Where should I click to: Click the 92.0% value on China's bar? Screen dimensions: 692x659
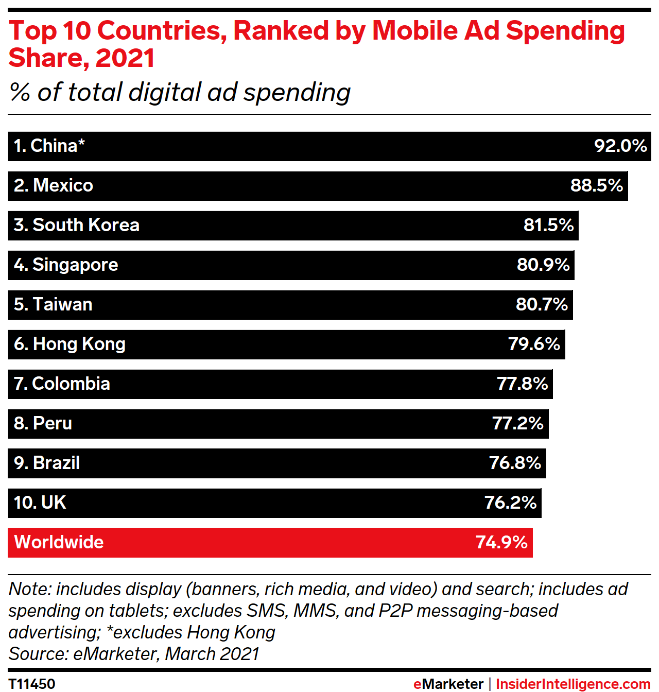pos(620,146)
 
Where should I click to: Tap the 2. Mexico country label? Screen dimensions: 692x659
pos(54,185)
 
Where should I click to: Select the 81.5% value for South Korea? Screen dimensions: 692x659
pos(548,225)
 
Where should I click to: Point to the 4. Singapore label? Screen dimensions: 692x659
pos(66,265)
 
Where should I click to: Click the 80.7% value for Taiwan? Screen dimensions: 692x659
pos(542,304)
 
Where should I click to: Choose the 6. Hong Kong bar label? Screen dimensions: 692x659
pos(70,344)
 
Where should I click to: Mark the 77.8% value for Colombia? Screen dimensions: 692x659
pos(522,384)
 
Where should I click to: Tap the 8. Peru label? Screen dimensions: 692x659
pos(43,423)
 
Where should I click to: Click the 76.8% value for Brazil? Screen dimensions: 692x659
pos(515,463)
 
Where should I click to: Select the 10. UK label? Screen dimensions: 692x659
pos(40,503)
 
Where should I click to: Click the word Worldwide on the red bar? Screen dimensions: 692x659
pos(59,542)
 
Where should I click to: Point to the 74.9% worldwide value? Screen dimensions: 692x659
pos(501,542)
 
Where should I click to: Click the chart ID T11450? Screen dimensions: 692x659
pos(32,684)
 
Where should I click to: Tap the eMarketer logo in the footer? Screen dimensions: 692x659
pos(448,684)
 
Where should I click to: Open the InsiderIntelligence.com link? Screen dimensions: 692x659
pos(573,684)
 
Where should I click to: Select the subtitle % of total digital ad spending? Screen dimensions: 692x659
pos(180,93)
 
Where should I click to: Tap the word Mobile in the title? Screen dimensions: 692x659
pos(414,30)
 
